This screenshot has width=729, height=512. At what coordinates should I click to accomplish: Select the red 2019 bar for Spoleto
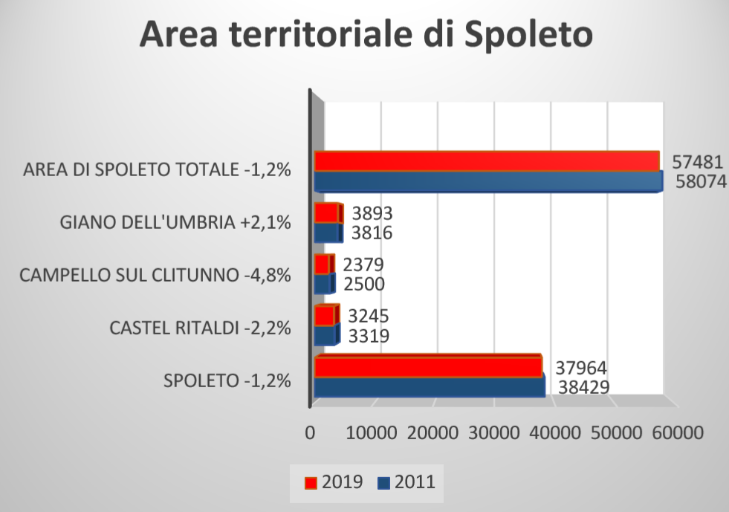[x=427, y=367]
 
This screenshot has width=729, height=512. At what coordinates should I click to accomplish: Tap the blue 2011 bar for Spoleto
[x=429, y=387]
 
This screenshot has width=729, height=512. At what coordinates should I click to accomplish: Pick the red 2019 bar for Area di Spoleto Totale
[x=487, y=161]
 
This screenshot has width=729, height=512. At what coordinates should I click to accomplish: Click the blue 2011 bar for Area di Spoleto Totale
[x=487, y=181]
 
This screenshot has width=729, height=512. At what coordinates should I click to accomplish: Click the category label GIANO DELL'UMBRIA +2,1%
[x=175, y=222]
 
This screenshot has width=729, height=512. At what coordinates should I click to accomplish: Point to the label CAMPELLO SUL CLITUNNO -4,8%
[x=155, y=275]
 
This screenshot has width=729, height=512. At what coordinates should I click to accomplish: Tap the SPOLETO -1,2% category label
[x=227, y=381]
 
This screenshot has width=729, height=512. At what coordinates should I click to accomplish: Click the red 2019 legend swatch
[x=310, y=482]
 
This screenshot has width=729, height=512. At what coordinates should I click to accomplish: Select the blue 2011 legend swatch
[x=383, y=482]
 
